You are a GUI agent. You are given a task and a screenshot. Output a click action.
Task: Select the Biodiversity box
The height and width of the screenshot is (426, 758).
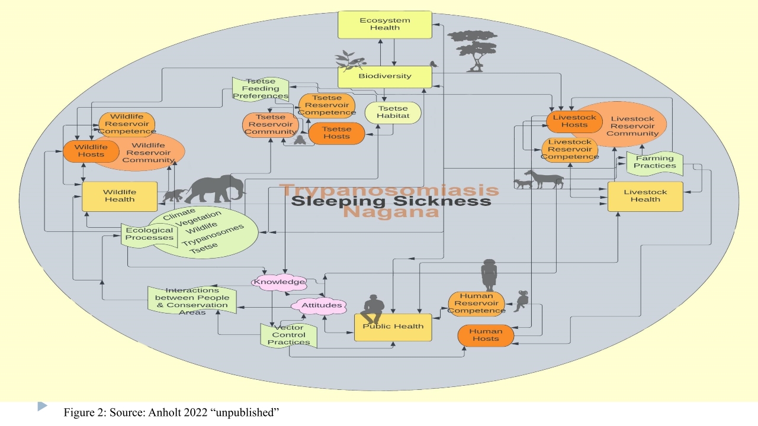coord(384,76)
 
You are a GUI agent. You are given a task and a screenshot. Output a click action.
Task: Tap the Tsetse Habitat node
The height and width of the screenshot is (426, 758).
coord(393,112)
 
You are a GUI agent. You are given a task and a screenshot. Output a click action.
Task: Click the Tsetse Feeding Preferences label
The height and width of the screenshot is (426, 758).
coord(260,89)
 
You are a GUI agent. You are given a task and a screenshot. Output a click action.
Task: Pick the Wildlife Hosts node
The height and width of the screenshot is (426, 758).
coord(83,150)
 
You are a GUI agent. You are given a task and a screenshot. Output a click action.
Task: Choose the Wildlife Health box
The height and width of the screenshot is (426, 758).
coord(119,196)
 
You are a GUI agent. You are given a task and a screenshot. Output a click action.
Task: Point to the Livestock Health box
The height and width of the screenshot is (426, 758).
coord(645,196)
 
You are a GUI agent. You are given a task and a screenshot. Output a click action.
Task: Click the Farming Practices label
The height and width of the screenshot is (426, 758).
coord(654,162)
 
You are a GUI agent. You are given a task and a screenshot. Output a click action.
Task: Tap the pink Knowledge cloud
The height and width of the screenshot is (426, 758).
coord(280,282)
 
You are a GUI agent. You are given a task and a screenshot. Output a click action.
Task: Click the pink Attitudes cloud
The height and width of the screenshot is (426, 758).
coord(319,306)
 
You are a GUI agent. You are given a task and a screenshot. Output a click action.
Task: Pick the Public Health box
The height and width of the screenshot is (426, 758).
coord(393,327)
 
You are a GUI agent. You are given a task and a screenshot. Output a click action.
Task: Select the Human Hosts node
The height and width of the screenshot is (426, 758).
coord(486,335)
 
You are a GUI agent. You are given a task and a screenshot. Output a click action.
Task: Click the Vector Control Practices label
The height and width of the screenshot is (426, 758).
coord(289,335)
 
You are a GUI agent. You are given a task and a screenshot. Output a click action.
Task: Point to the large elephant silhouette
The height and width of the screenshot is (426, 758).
coord(217,188)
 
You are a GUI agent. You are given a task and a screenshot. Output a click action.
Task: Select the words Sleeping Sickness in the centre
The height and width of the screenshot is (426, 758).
coord(391,201)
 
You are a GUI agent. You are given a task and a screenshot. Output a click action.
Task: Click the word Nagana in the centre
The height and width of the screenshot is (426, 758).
coord(391,212)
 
